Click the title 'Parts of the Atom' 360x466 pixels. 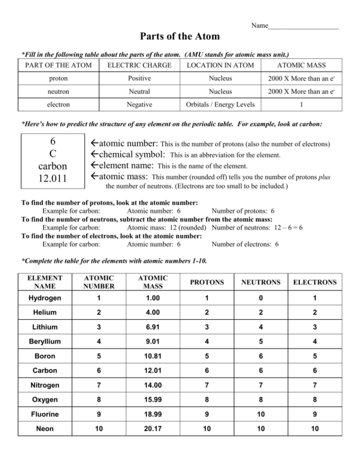(180, 36)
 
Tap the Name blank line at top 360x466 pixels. (303, 27)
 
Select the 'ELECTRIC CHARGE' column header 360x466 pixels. (139, 65)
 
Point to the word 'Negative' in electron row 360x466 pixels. (139, 104)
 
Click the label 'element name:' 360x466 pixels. (126, 166)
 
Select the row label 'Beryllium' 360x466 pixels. (45, 342)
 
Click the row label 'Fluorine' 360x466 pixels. (45, 414)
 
